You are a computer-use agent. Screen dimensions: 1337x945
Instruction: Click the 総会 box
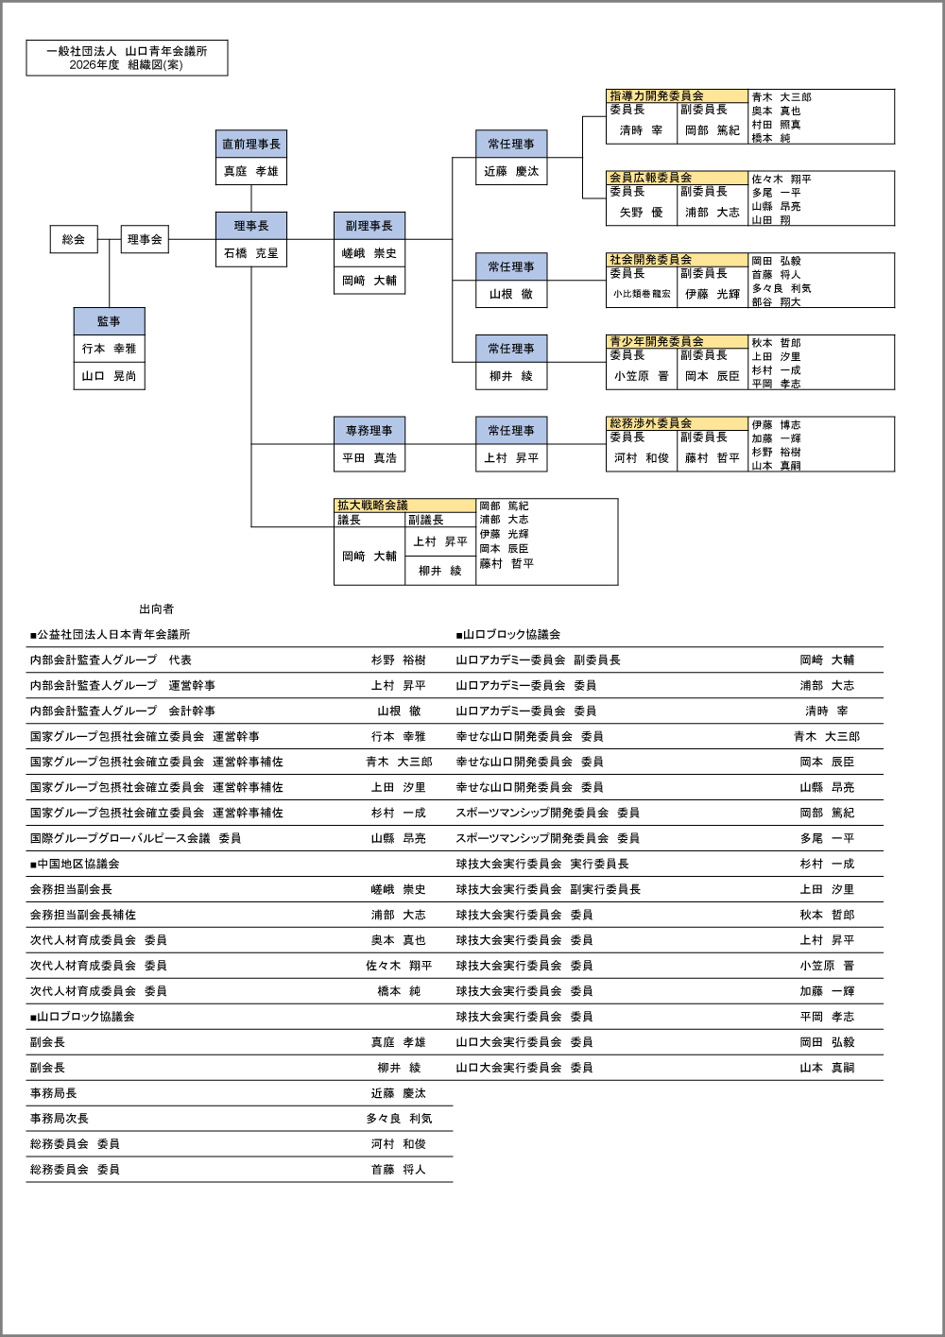pyautogui.click(x=74, y=239)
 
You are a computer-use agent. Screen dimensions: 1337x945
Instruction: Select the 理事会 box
pyautogui.click(x=145, y=239)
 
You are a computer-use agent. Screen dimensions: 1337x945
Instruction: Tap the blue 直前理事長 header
pyautogui.click(x=250, y=144)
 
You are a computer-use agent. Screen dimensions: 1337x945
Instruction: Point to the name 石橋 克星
pyautogui.click(x=250, y=253)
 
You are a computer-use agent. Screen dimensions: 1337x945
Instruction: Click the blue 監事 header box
pyautogui.click(x=109, y=321)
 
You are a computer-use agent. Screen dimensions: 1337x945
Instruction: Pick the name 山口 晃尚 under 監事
pyautogui.click(x=109, y=376)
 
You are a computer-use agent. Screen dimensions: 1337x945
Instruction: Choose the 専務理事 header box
pyautogui.click(x=369, y=430)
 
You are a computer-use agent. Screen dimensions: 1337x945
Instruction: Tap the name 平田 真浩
pyautogui.click(x=369, y=458)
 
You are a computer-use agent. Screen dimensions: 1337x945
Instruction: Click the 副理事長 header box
pyautogui.click(x=369, y=226)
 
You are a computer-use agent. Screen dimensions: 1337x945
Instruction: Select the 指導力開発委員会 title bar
pyautogui.click(x=677, y=96)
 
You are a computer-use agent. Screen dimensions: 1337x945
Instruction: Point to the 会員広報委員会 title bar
pyautogui.click(x=677, y=178)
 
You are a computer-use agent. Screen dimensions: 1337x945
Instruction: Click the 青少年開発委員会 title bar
pyautogui.click(x=677, y=341)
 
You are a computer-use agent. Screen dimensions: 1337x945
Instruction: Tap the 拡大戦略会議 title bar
pyautogui.click(x=404, y=506)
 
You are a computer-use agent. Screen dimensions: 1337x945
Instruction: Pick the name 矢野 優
pyautogui.click(x=641, y=213)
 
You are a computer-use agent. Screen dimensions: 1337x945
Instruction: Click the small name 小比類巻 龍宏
pyautogui.click(x=641, y=294)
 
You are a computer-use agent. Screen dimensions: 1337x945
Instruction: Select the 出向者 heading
pyautogui.click(x=156, y=609)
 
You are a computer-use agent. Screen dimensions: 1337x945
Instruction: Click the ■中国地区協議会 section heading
pyautogui.click(x=75, y=864)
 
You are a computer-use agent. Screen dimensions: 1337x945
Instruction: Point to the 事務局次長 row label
pyautogui.click(x=59, y=1119)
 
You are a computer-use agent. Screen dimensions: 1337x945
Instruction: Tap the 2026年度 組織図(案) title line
pyautogui.click(x=127, y=65)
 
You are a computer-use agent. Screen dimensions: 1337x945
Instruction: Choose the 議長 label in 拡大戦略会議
pyautogui.click(x=349, y=521)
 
